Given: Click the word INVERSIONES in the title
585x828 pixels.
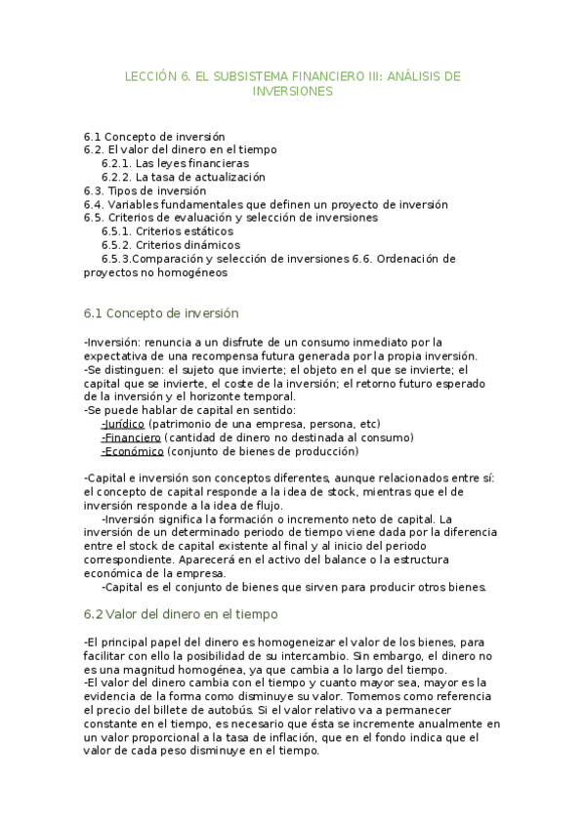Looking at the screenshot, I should [293, 92].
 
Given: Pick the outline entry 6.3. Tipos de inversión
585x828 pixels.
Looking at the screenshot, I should [145, 190].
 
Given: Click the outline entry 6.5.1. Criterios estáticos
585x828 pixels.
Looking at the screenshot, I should [167, 231].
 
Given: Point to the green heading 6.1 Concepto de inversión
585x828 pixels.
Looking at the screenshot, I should [161, 313].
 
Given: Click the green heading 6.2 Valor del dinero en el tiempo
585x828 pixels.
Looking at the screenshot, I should [181, 614].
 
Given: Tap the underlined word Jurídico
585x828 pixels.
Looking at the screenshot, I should [123, 424].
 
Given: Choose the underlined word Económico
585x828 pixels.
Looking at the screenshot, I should [132, 451].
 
